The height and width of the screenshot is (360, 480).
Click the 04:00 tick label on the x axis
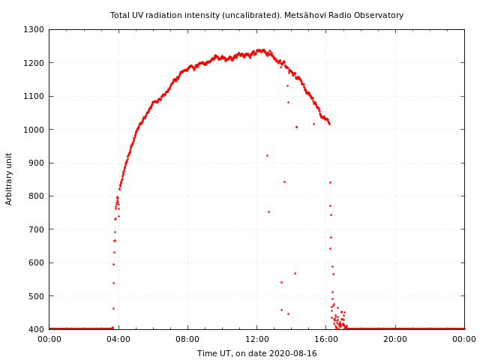click(x=118, y=339)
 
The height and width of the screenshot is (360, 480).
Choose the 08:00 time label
click(x=187, y=339)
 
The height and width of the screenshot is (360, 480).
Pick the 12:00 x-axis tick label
click(x=256, y=339)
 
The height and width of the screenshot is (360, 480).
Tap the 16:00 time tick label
click(x=326, y=339)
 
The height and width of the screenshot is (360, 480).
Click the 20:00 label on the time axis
click(x=395, y=339)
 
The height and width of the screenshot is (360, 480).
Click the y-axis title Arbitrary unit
click(x=10, y=179)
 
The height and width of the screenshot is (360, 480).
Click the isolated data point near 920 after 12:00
click(x=267, y=155)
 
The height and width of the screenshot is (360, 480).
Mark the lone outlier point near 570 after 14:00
click(x=295, y=273)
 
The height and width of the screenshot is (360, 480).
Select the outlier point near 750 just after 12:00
click(x=268, y=211)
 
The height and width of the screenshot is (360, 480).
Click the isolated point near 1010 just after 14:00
click(x=296, y=127)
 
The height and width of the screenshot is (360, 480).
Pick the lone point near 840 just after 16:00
click(x=330, y=182)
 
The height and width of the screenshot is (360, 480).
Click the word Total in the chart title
click(x=120, y=15)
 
